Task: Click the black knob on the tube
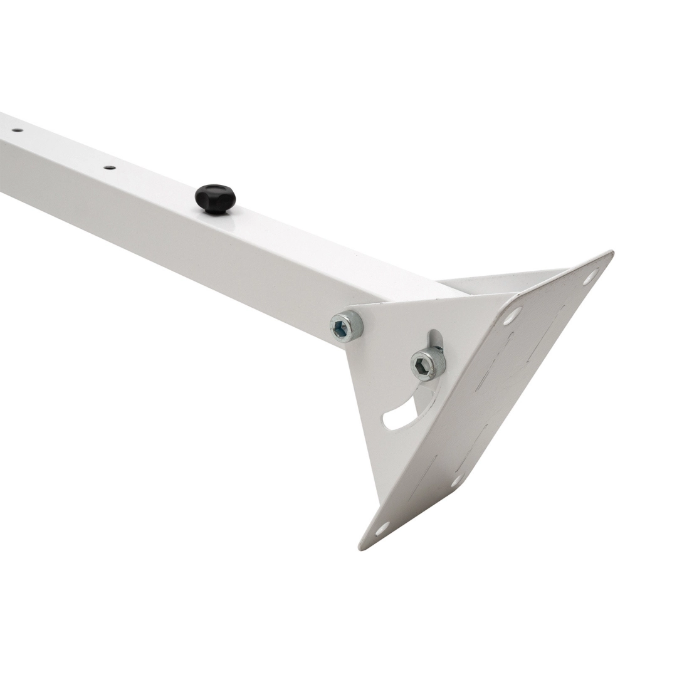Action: (215, 197)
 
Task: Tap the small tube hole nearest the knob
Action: (109, 167)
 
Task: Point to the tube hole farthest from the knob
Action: (16, 130)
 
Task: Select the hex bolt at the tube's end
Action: (346, 327)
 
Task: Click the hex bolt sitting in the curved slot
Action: (428, 364)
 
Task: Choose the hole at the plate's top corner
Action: (590, 275)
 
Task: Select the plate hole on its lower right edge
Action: (458, 481)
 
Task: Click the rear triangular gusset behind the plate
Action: (501, 282)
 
